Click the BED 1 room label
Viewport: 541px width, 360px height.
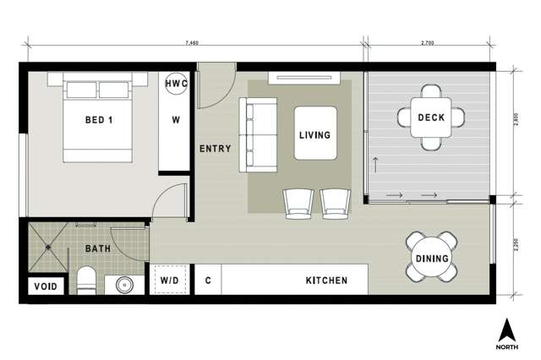point(99,120)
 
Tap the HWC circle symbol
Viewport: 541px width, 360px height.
point(176,85)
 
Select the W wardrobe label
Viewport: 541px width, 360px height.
point(176,120)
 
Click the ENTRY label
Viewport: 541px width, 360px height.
point(215,149)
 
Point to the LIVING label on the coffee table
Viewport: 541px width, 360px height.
point(314,134)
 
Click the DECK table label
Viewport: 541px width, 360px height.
point(432,117)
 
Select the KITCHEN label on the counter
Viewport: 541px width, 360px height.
point(325,280)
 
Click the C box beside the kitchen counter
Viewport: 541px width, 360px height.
point(207,280)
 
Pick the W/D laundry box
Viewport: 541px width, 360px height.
point(168,280)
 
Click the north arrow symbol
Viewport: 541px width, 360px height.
point(507,329)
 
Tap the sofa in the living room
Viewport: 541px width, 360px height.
point(258,134)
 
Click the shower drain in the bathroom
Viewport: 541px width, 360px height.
point(48,247)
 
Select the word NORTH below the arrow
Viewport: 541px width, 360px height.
point(507,346)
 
